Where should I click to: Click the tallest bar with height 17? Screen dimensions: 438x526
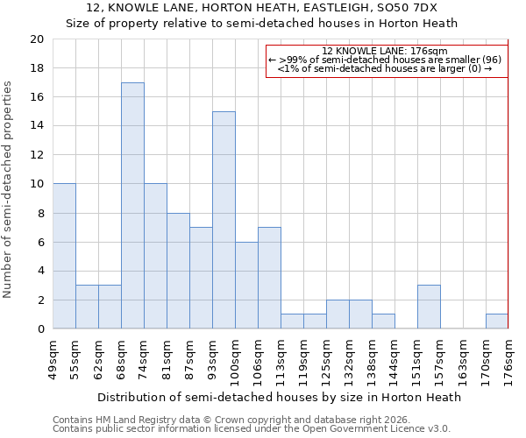pos(132,206)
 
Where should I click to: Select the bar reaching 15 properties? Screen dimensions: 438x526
pos(224,220)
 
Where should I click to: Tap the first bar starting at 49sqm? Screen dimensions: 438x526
pos(64,256)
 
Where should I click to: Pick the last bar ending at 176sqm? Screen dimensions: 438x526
pos(497,321)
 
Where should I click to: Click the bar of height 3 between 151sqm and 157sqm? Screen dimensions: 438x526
pos(429,307)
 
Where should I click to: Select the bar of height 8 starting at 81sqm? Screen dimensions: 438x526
pos(178,271)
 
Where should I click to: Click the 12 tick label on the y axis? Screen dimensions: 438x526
pos(36,155)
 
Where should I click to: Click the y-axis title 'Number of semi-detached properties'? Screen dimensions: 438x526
pos(9,189)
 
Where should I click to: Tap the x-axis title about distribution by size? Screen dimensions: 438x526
pos(279,397)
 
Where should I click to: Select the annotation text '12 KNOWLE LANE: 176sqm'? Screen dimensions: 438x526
pos(385,51)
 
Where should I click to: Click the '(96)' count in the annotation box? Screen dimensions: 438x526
pos(491,60)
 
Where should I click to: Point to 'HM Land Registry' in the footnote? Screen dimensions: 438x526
pos(131,420)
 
